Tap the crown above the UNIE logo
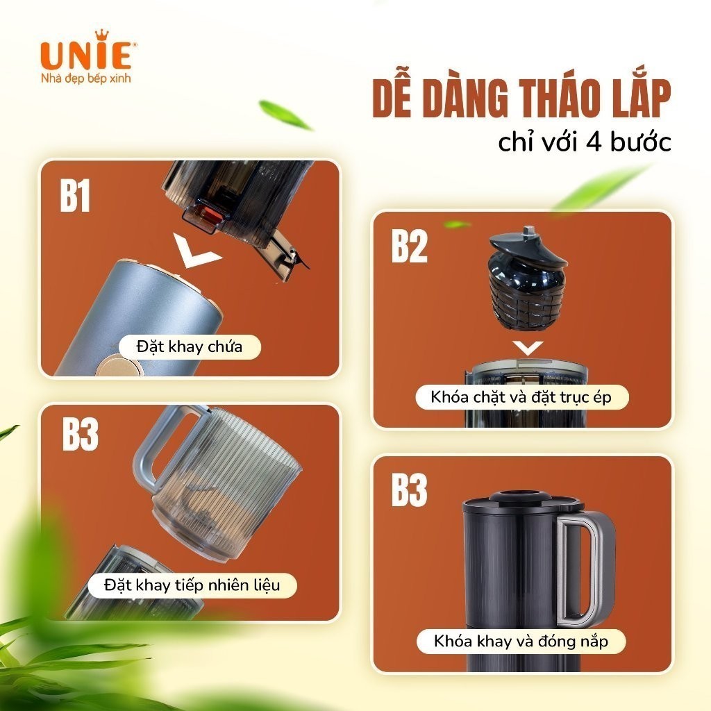(x=102, y=35)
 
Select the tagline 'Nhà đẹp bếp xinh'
(x=85, y=78)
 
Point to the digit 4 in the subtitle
(x=594, y=143)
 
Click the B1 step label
(x=75, y=195)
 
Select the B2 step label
(x=410, y=246)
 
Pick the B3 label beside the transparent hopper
(x=81, y=435)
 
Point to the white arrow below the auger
(x=528, y=349)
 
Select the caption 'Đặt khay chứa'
(x=190, y=347)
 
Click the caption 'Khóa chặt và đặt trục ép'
(x=521, y=397)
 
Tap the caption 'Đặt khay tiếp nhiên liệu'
(x=192, y=585)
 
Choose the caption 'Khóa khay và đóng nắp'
(x=521, y=641)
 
